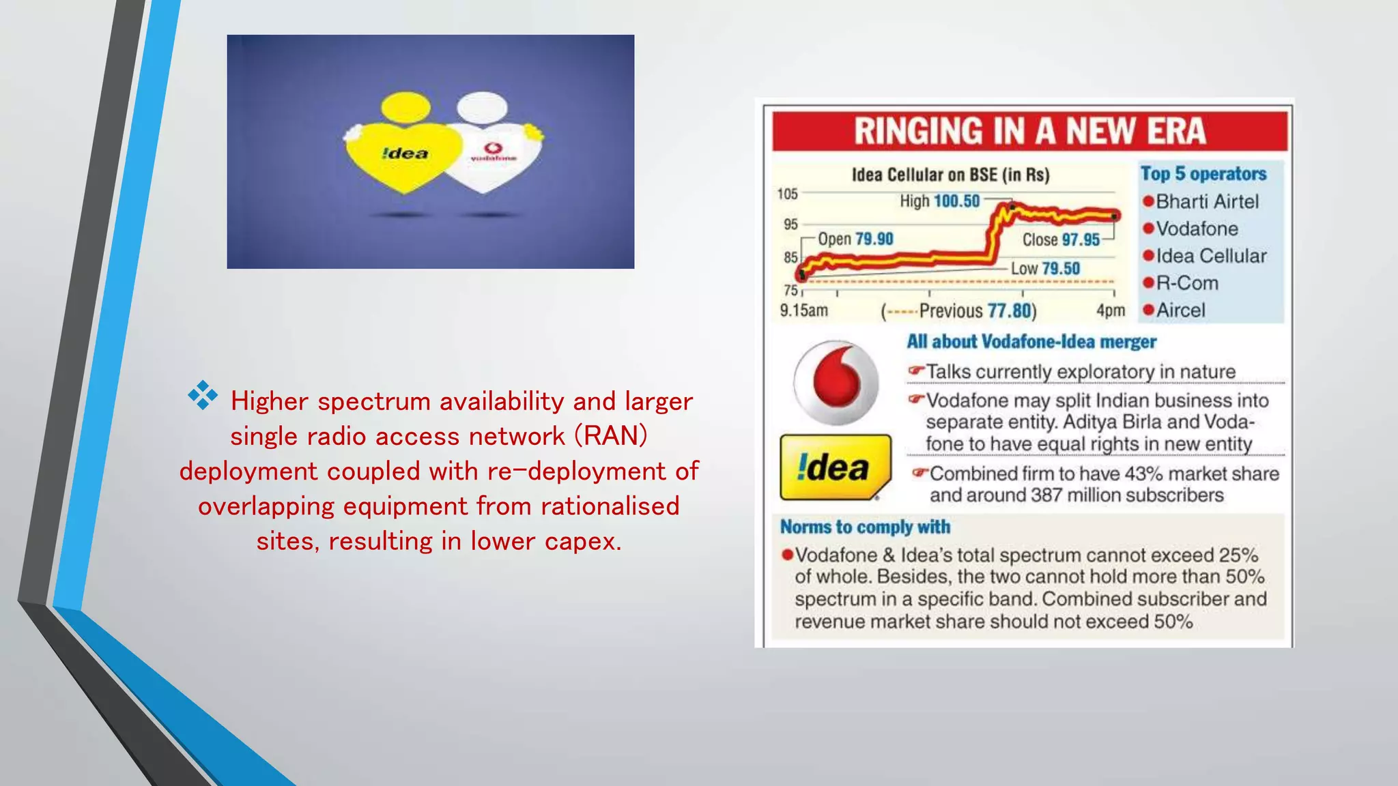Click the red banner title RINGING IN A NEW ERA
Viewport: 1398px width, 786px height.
pyautogui.click(x=1029, y=131)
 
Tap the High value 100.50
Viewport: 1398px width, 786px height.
pyautogui.click(x=956, y=201)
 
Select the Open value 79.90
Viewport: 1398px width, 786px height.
pyautogui.click(x=874, y=239)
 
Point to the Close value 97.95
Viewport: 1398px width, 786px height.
pyautogui.click(x=1081, y=239)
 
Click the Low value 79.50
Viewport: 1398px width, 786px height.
pyautogui.click(x=1061, y=268)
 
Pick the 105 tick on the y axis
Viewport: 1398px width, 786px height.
pyautogui.click(x=787, y=194)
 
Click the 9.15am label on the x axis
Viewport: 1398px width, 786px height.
pyautogui.click(x=803, y=310)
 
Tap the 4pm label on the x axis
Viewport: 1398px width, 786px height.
pyautogui.click(x=1111, y=310)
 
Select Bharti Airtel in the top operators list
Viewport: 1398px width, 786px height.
pyautogui.click(x=1207, y=201)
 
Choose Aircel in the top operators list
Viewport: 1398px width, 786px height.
pyautogui.click(x=1180, y=310)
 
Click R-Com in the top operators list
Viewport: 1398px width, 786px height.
pyautogui.click(x=1186, y=282)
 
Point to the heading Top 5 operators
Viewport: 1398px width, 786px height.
pyautogui.click(x=1203, y=174)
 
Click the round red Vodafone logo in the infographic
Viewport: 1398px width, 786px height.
pyautogui.click(x=836, y=383)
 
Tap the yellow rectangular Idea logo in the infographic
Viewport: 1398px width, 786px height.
pyautogui.click(x=834, y=467)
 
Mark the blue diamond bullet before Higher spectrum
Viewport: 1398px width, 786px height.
pyautogui.click(x=203, y=396)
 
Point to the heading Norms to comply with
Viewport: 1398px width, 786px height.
pyautogui.click(x=865, y=527)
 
